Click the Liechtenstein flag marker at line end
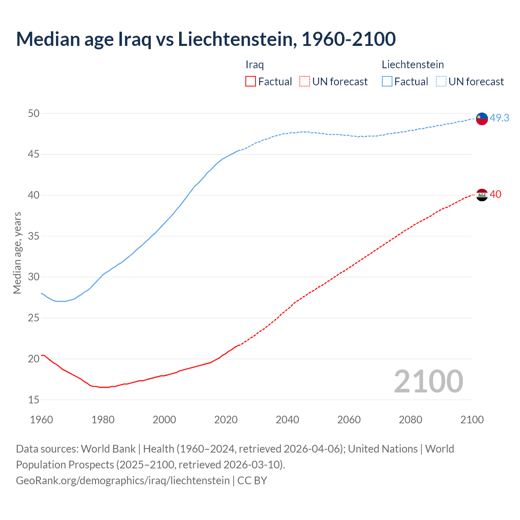coord(482,119)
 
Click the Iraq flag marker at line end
coord(482,195)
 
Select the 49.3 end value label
coord(499,118)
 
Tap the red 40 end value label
coord(496,194)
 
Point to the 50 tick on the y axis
coord(34,113)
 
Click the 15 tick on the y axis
coord(34,400)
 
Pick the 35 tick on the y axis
coord(34,236)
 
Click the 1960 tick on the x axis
coord(41,420)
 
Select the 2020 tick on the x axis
coord(226,420)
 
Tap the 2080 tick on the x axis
coord(410,420)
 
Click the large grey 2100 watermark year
coord(428,381)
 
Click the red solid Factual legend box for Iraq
coord(251,82)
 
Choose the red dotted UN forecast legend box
coord(305,82)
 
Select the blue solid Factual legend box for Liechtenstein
coord(387,82)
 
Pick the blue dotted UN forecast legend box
coord(441,82)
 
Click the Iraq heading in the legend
coord(255,65)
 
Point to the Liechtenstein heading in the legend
coord(412,65)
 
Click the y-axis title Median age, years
coord(17,252)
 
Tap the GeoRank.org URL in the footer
coord(123,480)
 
